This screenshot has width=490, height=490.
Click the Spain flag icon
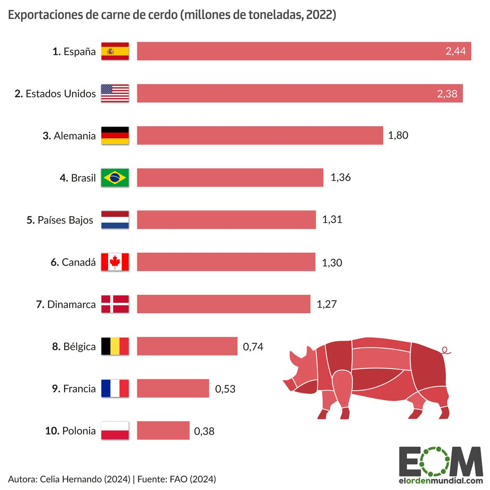(115, 51)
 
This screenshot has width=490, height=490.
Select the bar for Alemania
(260, 136)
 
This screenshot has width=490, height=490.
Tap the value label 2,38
(447, 94)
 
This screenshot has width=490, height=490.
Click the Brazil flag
(115, 178)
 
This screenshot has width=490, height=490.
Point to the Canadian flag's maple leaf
(115, 262)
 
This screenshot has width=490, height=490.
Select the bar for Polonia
(163, 430)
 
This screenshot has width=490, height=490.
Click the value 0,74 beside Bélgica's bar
(253, 347)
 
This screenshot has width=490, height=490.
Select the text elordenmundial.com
(441, 481)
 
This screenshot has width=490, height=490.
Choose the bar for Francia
(173, 388)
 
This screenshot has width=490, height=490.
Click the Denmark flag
(115, 304)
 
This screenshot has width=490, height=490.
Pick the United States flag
(115, 94)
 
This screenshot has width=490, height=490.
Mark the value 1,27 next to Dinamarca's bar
(327, 304)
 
